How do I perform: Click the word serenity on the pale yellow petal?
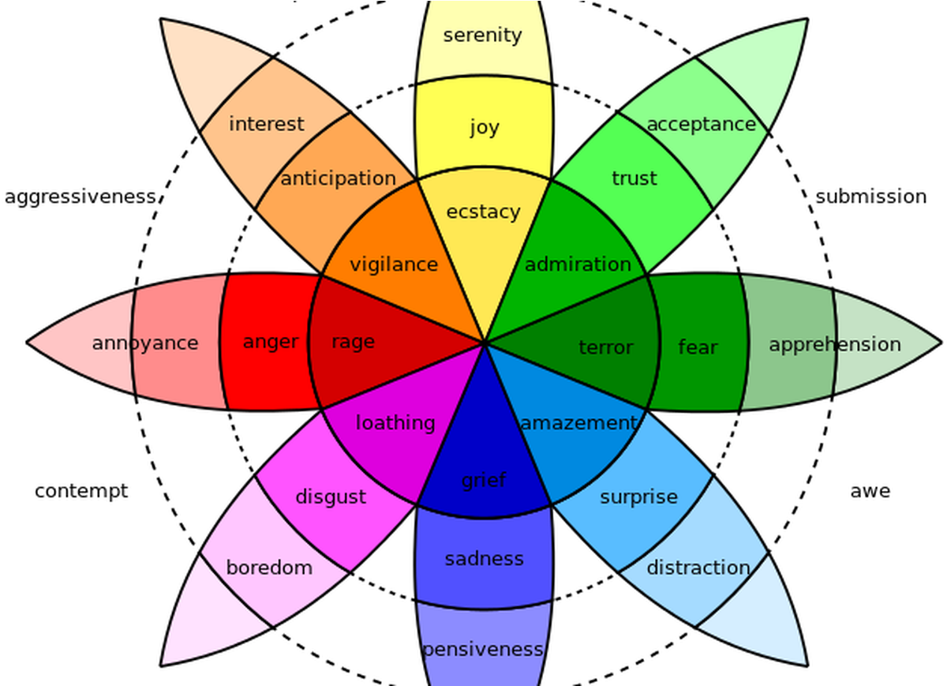click(x=483, y=36)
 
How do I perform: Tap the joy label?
click(x=484, y=127)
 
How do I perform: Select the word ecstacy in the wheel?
click(x=483, y=212)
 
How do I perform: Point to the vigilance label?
click(x=393, y=264)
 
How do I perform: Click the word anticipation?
click(x=338, y=179)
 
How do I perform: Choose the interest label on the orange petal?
click(x=266, y=124)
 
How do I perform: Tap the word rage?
click(x=353, y=343)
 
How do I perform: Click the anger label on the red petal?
click(x=271, y=343)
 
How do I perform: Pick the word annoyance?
click(x=145, y=343)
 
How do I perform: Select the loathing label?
click(x=395, y=423)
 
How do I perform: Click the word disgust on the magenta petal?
click(x=331, y=497)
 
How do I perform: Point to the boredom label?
click(x=269, y=568)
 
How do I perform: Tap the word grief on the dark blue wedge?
click(x=484, y=480)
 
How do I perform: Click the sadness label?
click(x=484, y=559)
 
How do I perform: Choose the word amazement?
click(x=578, y=423)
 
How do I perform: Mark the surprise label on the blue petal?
click(x=638, y=497)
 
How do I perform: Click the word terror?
click(x=606, y=347)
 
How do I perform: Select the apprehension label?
click(x=834, y=345)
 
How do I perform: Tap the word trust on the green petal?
click(x=634, y=179)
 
